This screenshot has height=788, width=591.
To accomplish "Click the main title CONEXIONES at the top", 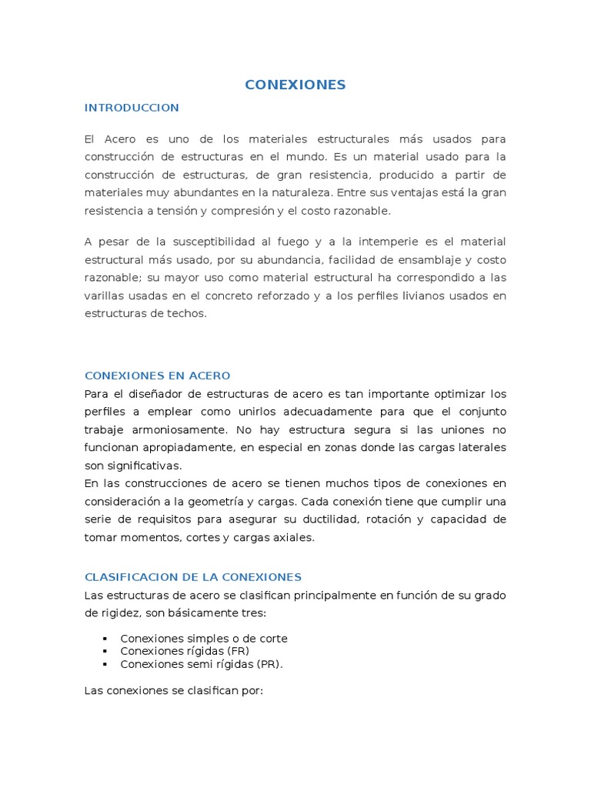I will click(295, 85).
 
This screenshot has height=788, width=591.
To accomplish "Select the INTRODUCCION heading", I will click(132, 108).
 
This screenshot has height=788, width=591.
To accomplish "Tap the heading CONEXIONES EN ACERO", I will click(157, 376).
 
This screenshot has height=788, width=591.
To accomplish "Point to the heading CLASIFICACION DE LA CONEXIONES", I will click(192, 577).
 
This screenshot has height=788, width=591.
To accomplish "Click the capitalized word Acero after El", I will click(121, 139).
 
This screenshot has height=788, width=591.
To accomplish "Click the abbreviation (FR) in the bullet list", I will click(235, 651).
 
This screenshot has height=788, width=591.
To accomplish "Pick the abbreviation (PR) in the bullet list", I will click(266, 663).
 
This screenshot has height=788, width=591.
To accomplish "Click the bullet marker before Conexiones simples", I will click(103, 639).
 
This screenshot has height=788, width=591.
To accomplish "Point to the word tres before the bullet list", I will click(252, 613).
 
